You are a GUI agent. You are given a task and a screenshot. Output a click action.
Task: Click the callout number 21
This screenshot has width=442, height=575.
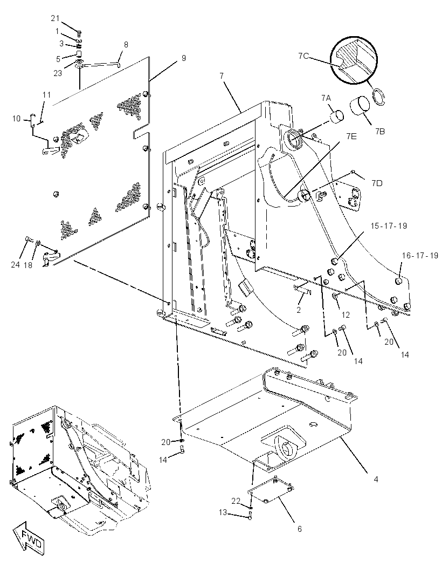pos(55,19)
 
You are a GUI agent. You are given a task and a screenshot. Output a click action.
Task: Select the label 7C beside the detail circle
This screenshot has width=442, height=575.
pos(303,56)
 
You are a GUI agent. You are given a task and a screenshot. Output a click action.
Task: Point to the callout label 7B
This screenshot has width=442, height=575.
pos(380,131)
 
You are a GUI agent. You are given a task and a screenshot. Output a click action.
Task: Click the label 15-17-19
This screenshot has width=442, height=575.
pos(389,226)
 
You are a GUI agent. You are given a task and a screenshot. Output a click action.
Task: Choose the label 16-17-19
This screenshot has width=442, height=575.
pos(420,256)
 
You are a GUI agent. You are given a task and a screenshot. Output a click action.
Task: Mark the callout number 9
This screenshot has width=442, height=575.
pos(184,58)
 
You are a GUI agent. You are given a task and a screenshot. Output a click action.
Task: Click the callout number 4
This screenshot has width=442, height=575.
pos(376,479)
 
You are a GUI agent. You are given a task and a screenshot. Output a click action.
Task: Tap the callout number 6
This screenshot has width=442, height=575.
pos(300,529)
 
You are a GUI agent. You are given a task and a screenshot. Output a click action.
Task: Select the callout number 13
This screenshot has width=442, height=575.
pos(223,512)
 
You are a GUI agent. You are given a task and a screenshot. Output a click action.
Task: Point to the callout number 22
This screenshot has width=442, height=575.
pos(236,501)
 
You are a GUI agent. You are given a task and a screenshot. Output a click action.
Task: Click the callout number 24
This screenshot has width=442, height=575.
pos(15,264)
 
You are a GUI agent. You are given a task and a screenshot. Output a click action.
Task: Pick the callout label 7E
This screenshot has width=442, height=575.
pos(351,136)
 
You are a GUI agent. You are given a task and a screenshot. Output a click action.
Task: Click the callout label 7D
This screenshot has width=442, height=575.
pos(376,183)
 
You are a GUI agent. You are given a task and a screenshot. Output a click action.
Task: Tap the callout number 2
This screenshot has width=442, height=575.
pos(299,310)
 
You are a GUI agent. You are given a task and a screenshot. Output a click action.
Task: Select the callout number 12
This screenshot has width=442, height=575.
pos(346,314)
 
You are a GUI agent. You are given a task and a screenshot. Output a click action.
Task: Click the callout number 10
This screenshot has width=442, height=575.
pos(17,119)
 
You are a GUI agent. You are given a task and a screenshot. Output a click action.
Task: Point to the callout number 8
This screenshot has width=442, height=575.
pos(126,45)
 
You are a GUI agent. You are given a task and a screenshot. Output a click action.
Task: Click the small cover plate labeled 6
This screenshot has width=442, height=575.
pos(271,490)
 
